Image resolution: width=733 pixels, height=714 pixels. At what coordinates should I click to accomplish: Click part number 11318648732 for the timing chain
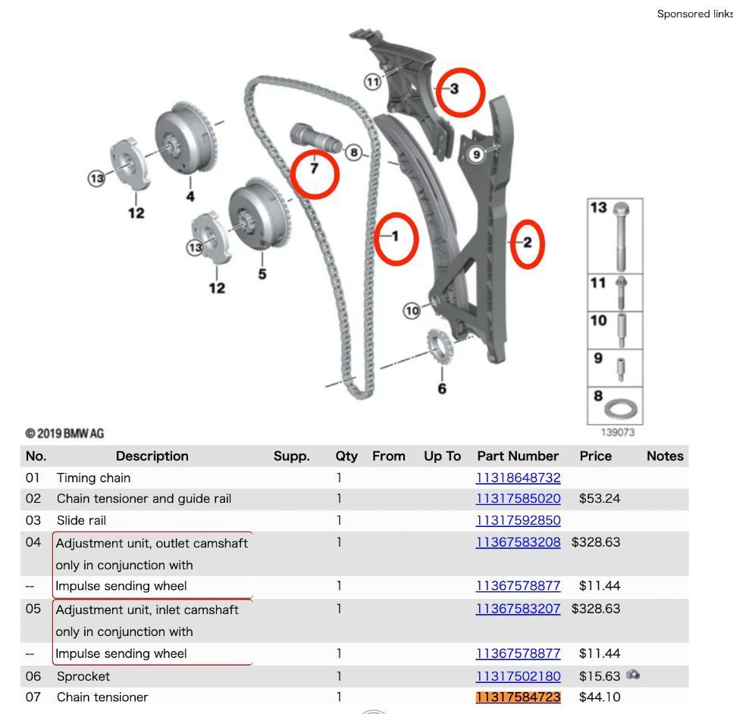point(518,478)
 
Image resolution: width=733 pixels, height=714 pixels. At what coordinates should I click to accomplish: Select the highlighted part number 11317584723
point(518,697)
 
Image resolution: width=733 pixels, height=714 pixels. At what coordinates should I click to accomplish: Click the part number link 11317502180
point(518,676)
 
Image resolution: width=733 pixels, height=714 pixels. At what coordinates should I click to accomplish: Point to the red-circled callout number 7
point(314,169)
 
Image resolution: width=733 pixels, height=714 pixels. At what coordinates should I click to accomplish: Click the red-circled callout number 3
point(455,89)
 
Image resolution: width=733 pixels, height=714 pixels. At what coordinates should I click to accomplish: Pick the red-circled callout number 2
point(528,243)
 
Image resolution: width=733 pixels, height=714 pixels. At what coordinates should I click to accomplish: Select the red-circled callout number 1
point(395,236)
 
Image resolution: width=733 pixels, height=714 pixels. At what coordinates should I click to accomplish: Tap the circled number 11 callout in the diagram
point(372,82)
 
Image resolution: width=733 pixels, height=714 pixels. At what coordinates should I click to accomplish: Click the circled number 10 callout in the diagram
point(412,310)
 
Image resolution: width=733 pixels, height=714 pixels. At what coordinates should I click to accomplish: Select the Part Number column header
point(518,456)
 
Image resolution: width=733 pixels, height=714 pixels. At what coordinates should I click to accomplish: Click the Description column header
point(152,456)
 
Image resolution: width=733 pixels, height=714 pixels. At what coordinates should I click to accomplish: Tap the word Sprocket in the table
point(83,676)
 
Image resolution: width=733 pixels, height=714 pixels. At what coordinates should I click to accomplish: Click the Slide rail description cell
point(81,520)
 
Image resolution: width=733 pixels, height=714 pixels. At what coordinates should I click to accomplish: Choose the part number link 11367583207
point(518,610)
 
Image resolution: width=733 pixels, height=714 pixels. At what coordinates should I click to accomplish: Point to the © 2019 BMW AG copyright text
point(64,434)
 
